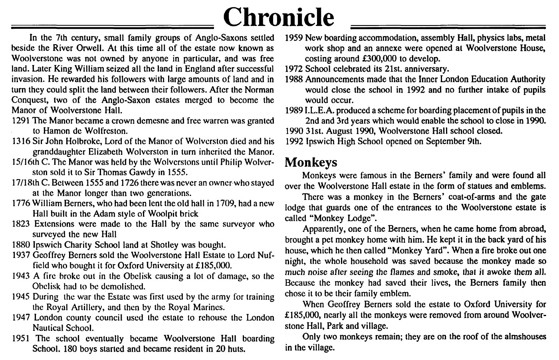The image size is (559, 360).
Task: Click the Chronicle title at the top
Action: pos(278,17)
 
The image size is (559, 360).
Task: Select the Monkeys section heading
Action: pos(311,162)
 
